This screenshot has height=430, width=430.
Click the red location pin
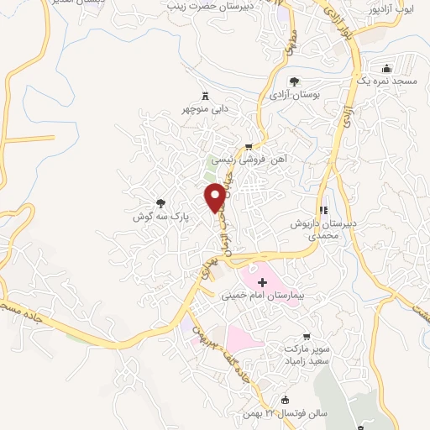(x=216, y=197)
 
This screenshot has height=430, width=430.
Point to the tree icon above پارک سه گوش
(x=161, y=202)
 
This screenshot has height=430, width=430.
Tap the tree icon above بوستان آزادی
(x=294, y=82)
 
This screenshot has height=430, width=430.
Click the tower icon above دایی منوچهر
(x=207, y=94)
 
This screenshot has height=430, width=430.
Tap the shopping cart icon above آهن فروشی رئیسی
(x=248, y=145)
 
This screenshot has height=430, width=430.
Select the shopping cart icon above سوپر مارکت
(x=316, y=333)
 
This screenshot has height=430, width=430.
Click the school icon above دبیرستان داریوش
(x=322, y=211)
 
